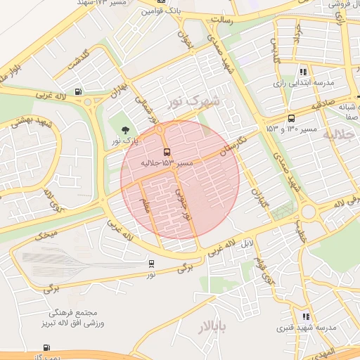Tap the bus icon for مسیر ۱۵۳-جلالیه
click(167, 152)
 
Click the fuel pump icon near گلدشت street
click(77, 91)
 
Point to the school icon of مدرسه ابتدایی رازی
click(303, 72)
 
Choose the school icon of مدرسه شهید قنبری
click(305, 316)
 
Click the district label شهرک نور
click(193, 101)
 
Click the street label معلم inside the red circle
click(146, 206)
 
